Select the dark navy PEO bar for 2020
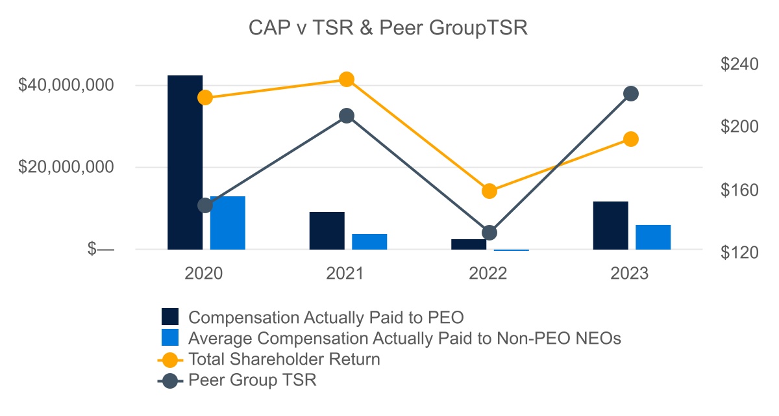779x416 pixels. pyautogui.click(x=185, y=162)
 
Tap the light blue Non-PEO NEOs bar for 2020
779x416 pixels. pyautogui.click(x=228, y=223)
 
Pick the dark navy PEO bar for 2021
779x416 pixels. pyautogui.click(x=327, y=231)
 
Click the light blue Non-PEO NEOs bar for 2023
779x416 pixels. pyautogui.click(x=653, y=237)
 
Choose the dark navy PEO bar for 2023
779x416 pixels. pyautogui.click(x=610, y=226)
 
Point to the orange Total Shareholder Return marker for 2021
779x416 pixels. pyautogui.click(x=347, y=79)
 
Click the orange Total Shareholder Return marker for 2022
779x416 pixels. pyautogui.click(x=489, y=191)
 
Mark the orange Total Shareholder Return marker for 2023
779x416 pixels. pyautogui.click(x=630, y=139)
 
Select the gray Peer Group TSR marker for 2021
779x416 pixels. pyautogui.click(x=347, y=116)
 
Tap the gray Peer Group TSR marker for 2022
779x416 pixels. pyautogui.click(x=489, y=233)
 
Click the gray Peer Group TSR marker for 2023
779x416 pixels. pyautogui.click(x=630, y=94)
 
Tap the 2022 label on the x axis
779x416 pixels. pyautogui.click(x=488, y=274)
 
